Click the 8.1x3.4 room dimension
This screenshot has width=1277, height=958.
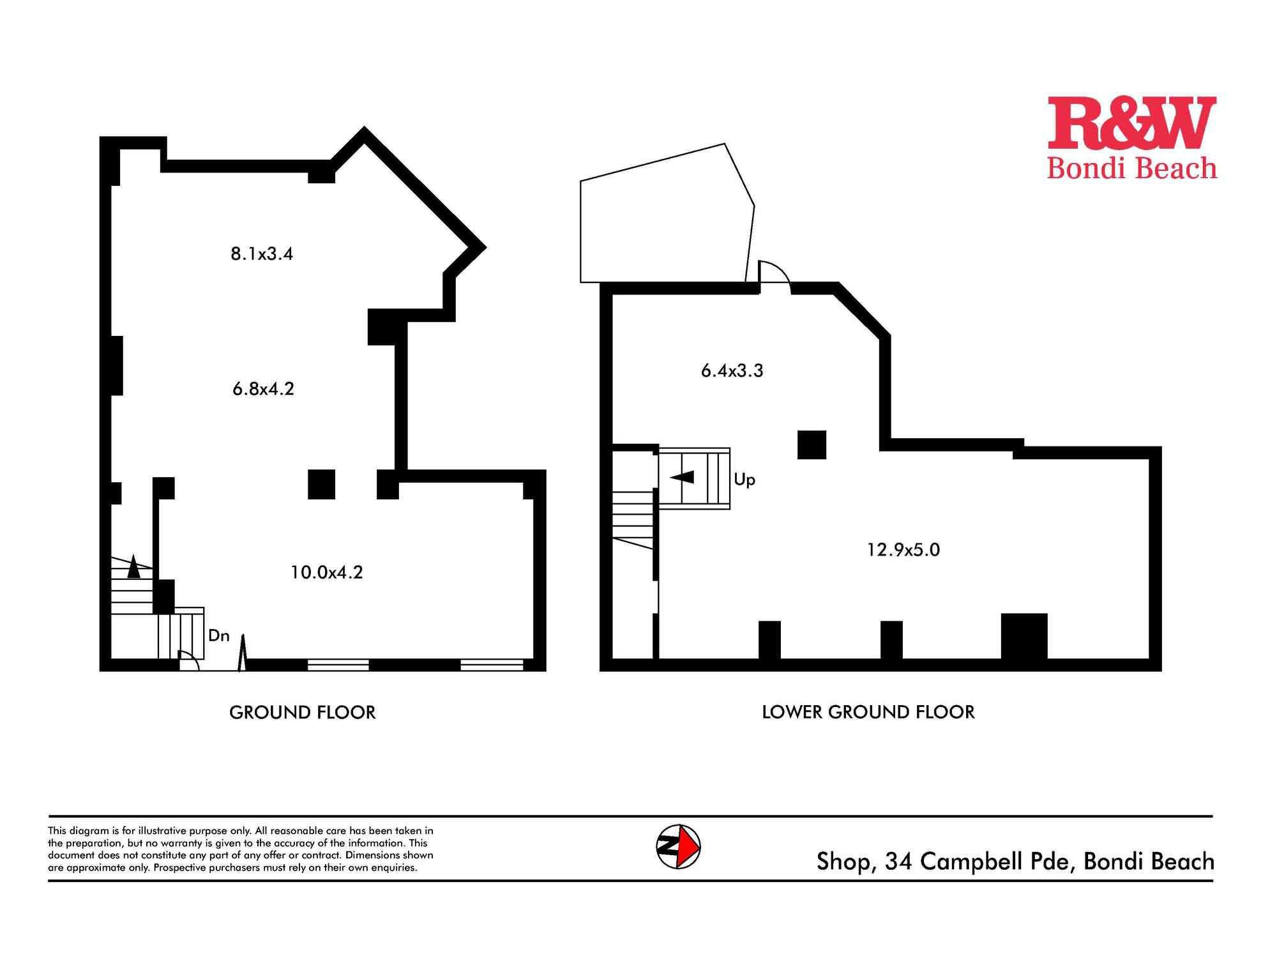coord(262,254)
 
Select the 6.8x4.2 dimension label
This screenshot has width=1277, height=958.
coord(264,389)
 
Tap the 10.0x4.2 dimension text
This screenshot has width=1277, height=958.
coord(327,572)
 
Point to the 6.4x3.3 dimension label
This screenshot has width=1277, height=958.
coord(732,371)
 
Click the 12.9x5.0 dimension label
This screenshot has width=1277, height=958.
coord(903,550)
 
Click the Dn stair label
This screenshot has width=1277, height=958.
coord(219,635)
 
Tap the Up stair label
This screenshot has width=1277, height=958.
coord(744,480)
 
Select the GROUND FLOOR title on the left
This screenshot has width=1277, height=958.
coord(303,712)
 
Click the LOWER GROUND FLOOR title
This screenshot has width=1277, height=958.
coord(868,712)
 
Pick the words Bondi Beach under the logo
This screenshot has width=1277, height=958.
coord(1132,169)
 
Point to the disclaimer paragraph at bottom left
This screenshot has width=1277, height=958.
coord(241,849)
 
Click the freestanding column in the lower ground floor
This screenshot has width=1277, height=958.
coord(812,445)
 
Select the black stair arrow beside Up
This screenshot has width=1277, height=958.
coord(682,477)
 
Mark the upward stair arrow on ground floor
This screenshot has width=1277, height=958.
coord(133,566)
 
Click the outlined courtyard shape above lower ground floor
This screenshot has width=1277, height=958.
coord(667,214)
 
